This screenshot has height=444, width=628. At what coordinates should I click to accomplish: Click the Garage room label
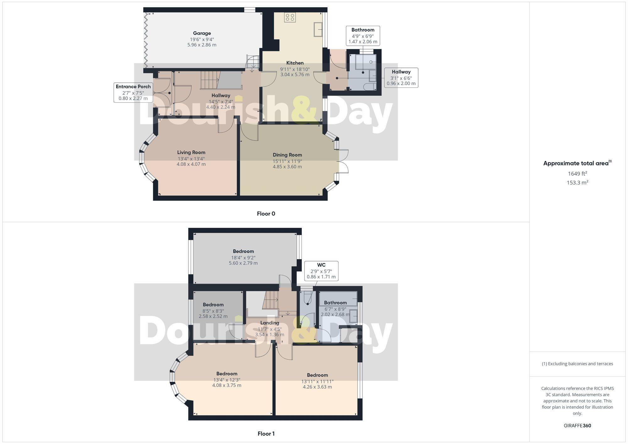202,33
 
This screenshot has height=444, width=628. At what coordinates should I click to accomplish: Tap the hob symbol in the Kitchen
290,17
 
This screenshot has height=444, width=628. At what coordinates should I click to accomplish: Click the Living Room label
191,152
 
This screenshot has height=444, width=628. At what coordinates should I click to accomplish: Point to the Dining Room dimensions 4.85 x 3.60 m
287,167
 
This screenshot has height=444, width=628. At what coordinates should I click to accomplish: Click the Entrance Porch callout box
133,92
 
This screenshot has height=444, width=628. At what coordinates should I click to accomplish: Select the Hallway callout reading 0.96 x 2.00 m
401,78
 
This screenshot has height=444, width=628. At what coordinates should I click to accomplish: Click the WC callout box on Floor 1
321,271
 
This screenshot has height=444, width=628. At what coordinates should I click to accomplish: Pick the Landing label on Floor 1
269,323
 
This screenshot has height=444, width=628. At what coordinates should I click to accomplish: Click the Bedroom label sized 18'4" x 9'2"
243,251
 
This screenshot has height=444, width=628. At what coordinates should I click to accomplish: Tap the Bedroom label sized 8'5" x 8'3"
213,305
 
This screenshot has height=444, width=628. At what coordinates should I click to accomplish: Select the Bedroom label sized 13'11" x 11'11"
317,375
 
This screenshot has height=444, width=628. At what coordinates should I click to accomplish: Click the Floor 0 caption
266,214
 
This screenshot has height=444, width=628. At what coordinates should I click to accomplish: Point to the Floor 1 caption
266,434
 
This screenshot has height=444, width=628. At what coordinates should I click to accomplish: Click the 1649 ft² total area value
577,174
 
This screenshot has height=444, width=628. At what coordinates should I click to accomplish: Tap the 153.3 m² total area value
577,182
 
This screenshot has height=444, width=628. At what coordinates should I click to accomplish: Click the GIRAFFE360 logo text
577,426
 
